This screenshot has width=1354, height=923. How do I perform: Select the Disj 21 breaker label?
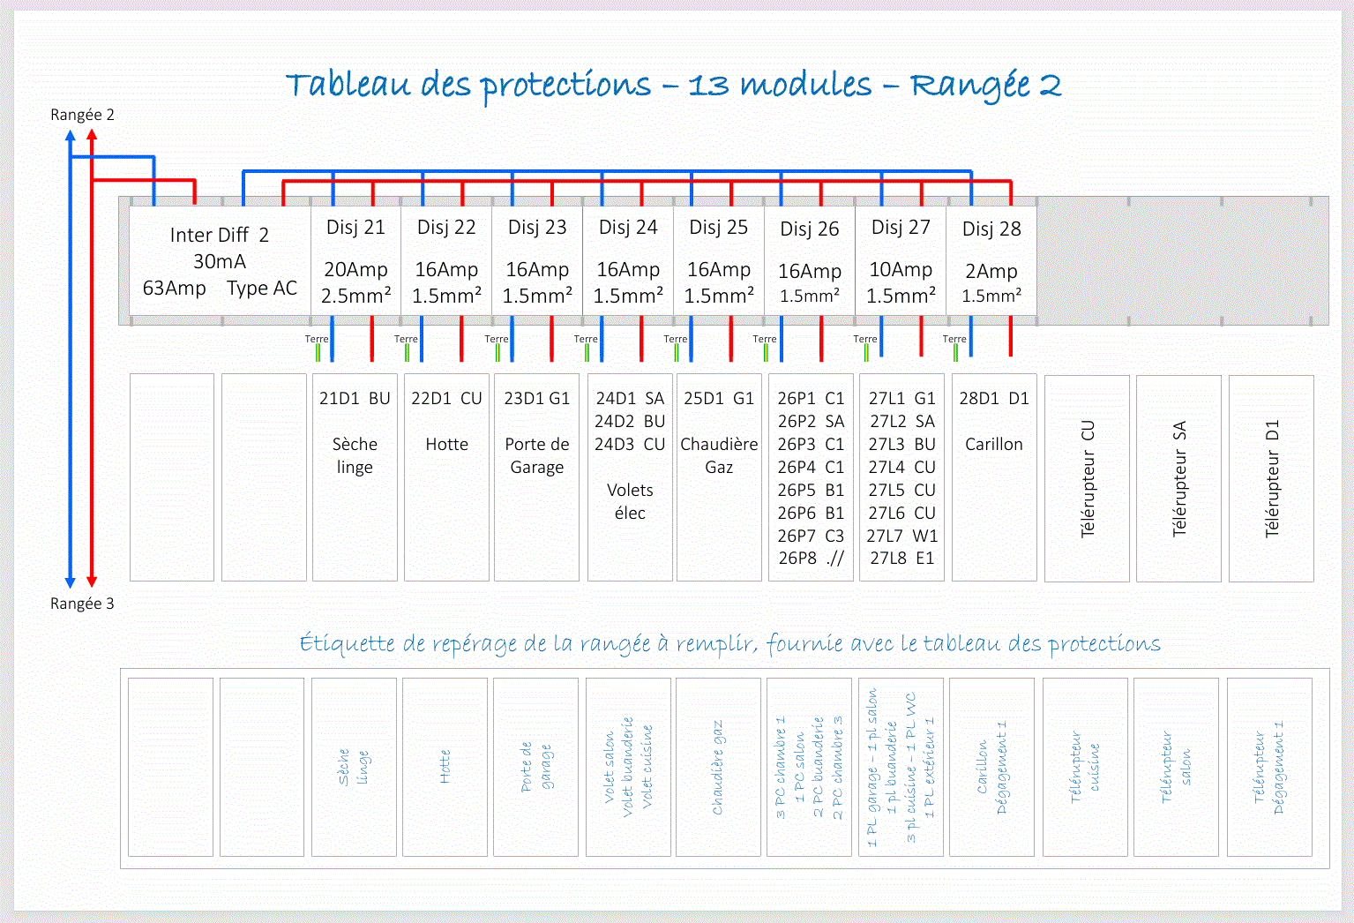point(355,228)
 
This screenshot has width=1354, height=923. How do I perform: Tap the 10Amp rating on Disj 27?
point(901,270)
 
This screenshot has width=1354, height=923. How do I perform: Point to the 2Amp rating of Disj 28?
point(991,271)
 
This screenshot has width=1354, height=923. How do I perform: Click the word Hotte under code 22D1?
point(446,445)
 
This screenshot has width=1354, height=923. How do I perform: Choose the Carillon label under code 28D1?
point(993,445)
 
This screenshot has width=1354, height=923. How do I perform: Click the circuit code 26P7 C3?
point(811,536)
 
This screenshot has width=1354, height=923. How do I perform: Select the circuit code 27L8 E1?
point(901,559)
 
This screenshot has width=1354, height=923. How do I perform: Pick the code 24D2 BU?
point(630,422)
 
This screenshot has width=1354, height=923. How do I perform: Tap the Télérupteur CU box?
point(1087,479)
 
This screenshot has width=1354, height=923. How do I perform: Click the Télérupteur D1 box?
point(1271,479)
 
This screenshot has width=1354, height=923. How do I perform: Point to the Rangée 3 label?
point(82,604)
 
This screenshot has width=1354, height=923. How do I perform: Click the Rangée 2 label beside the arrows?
point(82,115)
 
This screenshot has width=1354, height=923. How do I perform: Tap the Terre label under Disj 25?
point(675,339)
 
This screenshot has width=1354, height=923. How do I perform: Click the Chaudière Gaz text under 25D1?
point(719,455)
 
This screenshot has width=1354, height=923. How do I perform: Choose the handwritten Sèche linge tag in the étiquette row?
point(354,767)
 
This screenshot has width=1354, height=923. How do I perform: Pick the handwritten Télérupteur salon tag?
point(1176,767)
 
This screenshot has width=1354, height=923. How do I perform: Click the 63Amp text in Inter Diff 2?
point(175,289)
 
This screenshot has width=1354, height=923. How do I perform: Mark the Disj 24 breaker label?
point(628,228)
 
